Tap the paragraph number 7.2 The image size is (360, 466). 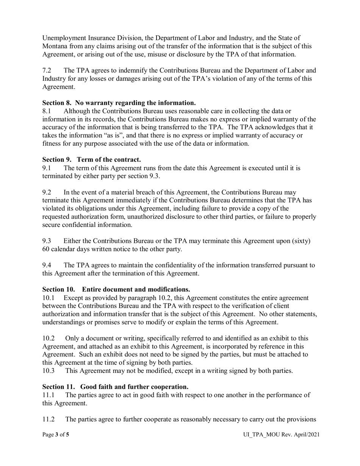tap(47, 70)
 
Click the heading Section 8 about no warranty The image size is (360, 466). tap(119, 103)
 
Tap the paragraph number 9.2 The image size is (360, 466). tap(47, 192)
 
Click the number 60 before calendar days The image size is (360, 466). tap(46, 249)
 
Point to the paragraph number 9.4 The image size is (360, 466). tap(47, 265)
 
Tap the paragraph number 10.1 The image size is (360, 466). tap(48, 298)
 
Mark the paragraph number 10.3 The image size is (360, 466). tap(48, 371)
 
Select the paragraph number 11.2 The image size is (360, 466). tap(48, 419)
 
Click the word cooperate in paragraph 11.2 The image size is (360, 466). tap(150, 419)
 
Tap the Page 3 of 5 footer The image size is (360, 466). tap(56, 435)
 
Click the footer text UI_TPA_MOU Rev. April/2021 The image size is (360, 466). tap(281, 435)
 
